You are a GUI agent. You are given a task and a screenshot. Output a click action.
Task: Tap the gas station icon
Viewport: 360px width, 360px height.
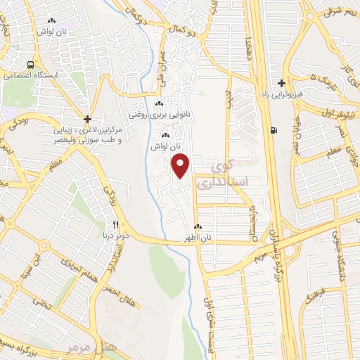274,129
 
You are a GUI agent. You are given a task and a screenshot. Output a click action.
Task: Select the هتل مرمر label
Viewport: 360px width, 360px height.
77,348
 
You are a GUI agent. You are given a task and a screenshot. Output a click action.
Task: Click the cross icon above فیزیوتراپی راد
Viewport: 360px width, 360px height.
281,83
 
